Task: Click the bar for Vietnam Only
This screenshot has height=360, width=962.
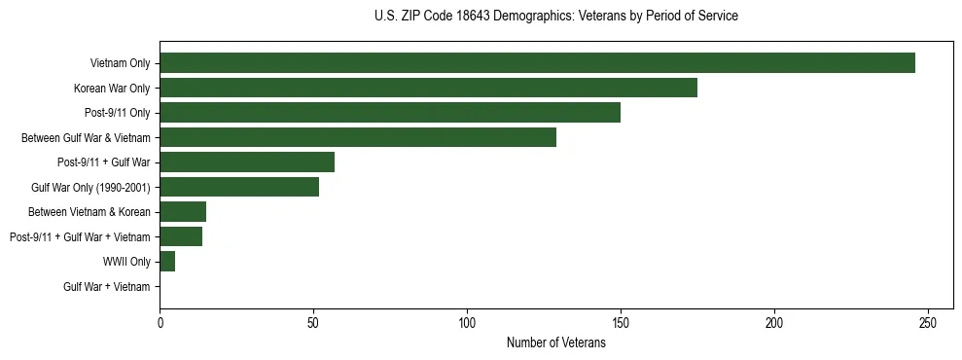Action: [x=537, y=63]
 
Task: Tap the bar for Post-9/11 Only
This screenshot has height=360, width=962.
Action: [x=390, y=113]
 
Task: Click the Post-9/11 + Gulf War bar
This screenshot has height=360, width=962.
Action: [x=247, y=162]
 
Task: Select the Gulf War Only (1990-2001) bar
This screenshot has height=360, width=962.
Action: [x=239, y=187]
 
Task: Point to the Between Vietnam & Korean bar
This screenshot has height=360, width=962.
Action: [x=183, y=212]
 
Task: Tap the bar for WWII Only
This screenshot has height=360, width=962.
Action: [x=167, y=261]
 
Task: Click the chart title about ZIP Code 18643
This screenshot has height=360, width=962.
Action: [x=555, y=17]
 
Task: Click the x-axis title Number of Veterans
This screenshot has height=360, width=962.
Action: [x=555, y=343]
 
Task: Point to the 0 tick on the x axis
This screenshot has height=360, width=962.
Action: [x=160, y=323]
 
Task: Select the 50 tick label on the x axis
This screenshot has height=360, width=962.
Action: [x=313, y=323]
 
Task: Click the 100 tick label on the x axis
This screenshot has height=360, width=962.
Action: [x=467, y=323]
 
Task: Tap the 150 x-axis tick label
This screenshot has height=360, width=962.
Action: [x=621, y=323]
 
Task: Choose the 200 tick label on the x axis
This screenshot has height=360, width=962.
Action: [x=774, y=323]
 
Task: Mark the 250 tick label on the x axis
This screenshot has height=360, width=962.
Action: [x=928, y=323]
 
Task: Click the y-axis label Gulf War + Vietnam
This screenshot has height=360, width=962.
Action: [x=106, y=286]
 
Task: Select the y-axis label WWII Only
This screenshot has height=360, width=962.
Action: [x=126, y=262]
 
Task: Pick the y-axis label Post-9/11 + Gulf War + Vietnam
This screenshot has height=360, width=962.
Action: [x=80, y=236]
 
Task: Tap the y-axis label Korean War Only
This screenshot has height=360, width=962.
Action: [x=112, y=89]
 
